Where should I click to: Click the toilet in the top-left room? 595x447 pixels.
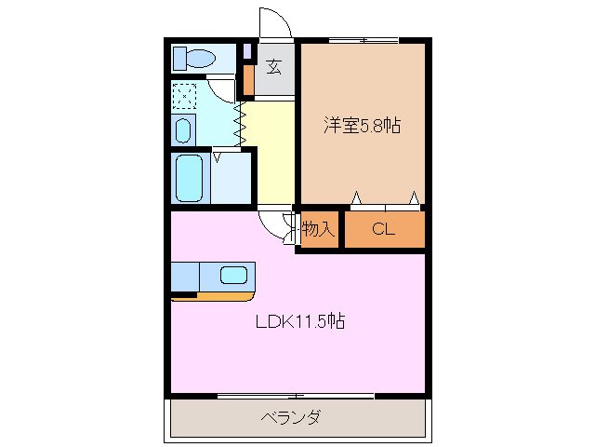point(195,59)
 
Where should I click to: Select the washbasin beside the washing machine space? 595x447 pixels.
point(183,129)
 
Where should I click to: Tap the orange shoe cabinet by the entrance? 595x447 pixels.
point(248,81)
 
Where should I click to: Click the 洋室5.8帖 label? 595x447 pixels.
point(362,125)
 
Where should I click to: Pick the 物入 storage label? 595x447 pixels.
point(318,229)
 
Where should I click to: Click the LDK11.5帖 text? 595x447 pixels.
point(300,322)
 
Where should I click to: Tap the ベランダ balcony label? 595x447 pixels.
point(290,417)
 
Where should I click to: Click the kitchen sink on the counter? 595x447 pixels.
point(233,275)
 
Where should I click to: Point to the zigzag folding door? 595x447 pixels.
point(239,122)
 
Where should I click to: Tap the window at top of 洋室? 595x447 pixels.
point(364,40)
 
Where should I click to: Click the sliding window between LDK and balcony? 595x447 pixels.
point(296,396)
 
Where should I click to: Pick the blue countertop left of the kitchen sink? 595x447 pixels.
point(186,277)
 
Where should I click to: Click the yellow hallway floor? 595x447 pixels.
point(274,154)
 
